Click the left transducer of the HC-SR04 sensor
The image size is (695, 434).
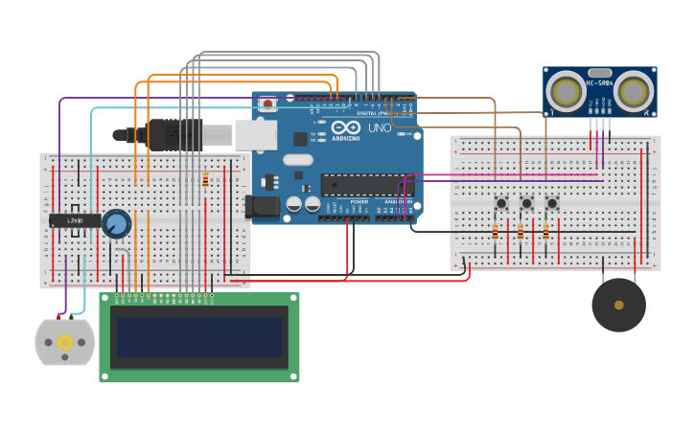point(566,92)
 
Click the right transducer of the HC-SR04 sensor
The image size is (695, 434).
point(633,92)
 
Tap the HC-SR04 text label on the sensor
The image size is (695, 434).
point(599,83)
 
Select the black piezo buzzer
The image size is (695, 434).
point(618,305)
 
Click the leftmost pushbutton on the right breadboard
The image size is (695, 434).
point(500,203)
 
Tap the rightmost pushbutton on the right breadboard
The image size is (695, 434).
point(552,203)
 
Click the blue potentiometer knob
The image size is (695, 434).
point(116,224)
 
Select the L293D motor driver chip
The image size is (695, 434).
point(75,221)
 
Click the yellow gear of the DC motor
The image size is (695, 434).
point(65,342)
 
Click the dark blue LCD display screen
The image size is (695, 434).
point(199,337)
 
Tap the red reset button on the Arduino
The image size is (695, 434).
point(268,103)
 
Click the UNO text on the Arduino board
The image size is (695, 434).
point(380,127)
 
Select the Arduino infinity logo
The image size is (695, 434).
point(345,127)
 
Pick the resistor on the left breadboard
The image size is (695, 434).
point(205,180)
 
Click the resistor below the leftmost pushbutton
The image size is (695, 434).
point(495,233)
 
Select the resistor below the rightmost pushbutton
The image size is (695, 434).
point(545,233)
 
